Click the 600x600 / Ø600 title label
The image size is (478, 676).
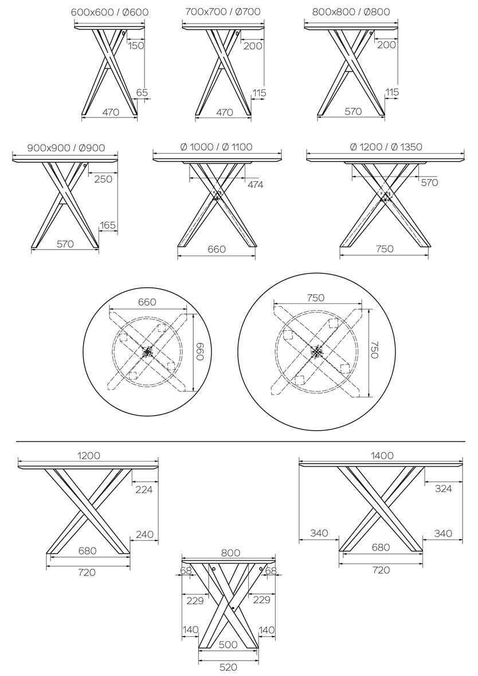[109, 12]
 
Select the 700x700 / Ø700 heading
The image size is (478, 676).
[223, 11]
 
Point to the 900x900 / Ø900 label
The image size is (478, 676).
[66, 148]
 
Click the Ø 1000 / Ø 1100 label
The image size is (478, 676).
[217, 147]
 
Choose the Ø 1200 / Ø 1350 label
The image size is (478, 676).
[386, 147]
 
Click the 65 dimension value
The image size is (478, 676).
[142, 92]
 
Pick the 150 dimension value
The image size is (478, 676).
[136, 45]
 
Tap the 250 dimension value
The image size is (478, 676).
[103, 179]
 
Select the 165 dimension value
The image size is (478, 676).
[107, 225]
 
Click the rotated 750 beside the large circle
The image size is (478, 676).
[375, 350]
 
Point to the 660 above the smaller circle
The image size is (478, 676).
[147, 302]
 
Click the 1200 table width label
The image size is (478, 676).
[89, 455]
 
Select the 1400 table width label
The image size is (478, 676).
[382, 455]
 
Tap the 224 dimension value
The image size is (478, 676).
[143, 489]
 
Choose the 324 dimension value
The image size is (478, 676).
[443, 489]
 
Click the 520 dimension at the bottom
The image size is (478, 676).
[229, 667]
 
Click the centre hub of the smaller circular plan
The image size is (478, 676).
[148, 352]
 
